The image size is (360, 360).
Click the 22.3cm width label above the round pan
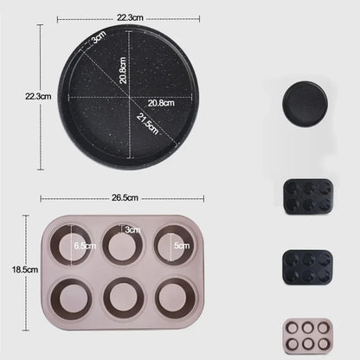(130, 17)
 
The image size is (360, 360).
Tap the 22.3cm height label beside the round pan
(38, 96)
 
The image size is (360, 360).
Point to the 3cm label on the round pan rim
(99, 37)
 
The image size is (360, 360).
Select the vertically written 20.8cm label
(123, 70)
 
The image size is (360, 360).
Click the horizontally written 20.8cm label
(161, 103)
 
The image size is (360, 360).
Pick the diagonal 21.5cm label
(148, 124)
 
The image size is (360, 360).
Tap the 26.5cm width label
(125, 198)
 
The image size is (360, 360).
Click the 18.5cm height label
(25, 270)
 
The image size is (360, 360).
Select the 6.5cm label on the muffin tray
(85, 246)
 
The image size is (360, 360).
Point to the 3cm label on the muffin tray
(132, 230)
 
